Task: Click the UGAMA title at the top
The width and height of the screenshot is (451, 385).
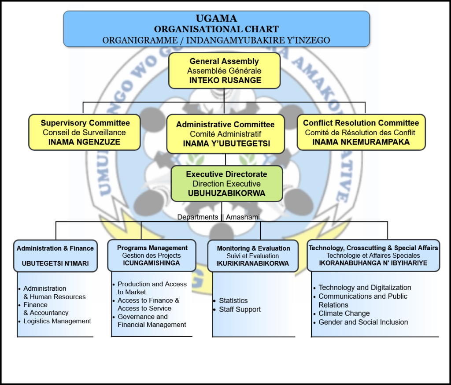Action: tap(216, 19)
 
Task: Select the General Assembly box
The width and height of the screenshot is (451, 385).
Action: tap(225, 70)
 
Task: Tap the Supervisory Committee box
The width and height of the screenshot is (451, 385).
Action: tap(85, 132)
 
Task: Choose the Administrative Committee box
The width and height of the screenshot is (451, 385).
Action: tap(225, 134)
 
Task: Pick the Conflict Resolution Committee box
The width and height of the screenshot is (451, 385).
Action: tap(361, 132)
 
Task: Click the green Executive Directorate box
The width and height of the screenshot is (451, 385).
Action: tap(226, 184)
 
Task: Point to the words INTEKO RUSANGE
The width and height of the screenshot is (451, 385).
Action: tap(225, 81)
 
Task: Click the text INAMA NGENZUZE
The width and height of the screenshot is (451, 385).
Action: tap(84, 142)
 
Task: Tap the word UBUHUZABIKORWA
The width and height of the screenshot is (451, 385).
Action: tap(226, 193)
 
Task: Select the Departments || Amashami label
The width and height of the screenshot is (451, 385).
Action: tap(218, 217)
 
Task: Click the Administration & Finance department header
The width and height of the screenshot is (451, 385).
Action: tap(55, 255)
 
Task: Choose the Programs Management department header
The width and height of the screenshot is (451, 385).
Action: tap(152, 255)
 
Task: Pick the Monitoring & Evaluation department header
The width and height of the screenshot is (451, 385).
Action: tap(253, 255)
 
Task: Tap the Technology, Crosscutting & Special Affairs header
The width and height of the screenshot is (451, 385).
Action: tap(373, 255)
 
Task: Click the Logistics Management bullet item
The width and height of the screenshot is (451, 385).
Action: tap(57, 321)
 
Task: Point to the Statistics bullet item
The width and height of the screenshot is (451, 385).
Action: tap(233, 300)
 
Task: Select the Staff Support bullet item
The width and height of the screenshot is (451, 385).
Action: tap(240, 309)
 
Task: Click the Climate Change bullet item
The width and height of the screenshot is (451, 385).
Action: tap(344, 314)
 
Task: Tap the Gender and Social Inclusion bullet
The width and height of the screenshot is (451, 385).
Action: tap(363, 322)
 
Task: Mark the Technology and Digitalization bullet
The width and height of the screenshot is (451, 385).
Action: tap(365, 288)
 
